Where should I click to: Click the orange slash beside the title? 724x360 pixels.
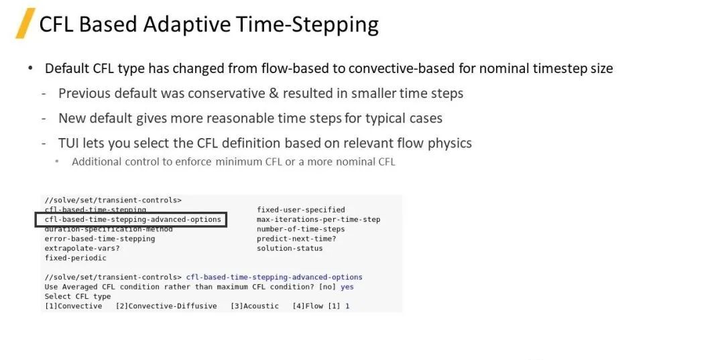click(x=25, y=23)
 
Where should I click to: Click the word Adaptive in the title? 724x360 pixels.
click(x=186, y=24)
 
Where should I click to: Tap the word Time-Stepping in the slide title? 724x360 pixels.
click(x=308, y=25)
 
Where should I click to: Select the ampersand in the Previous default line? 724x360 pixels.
click(x=274, y=94)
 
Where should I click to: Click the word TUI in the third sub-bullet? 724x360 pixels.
click(x=68, y=143)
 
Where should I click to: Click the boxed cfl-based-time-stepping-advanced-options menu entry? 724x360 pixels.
click(x=133, y=219)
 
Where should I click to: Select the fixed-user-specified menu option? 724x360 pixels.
click(x=301, y=210)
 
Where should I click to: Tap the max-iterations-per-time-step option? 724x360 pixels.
click(x=318, y=219)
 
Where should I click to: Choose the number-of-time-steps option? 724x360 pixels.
click(x=301, y=229)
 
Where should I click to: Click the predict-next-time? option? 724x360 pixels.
click(x=296, y=239)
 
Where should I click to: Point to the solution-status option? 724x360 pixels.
click(x=290, y=248)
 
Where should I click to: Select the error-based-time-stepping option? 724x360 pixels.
click(x=100, y=239)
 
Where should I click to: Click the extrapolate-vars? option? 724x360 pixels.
click(x=82, y=248)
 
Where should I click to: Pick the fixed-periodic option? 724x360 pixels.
click(x=75, y=258)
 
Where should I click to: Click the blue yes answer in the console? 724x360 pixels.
click(x=347, y=287)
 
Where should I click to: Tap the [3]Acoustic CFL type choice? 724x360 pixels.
click(x=255, y=306)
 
